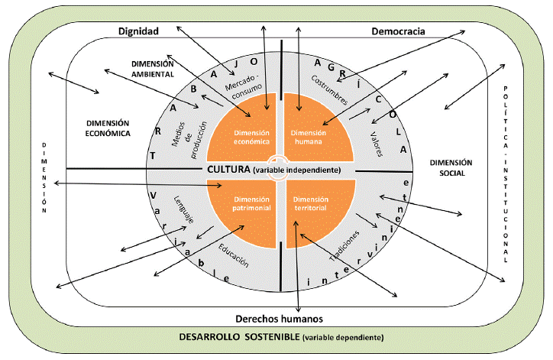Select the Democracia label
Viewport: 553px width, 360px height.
[398, 31]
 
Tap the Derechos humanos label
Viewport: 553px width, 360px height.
[276, 318]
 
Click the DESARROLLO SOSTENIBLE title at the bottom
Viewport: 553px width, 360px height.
[238, 337]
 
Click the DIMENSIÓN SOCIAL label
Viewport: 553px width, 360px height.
[451, 167]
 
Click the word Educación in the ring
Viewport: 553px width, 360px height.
[233, 253]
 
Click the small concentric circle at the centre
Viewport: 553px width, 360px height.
[280, 169]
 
